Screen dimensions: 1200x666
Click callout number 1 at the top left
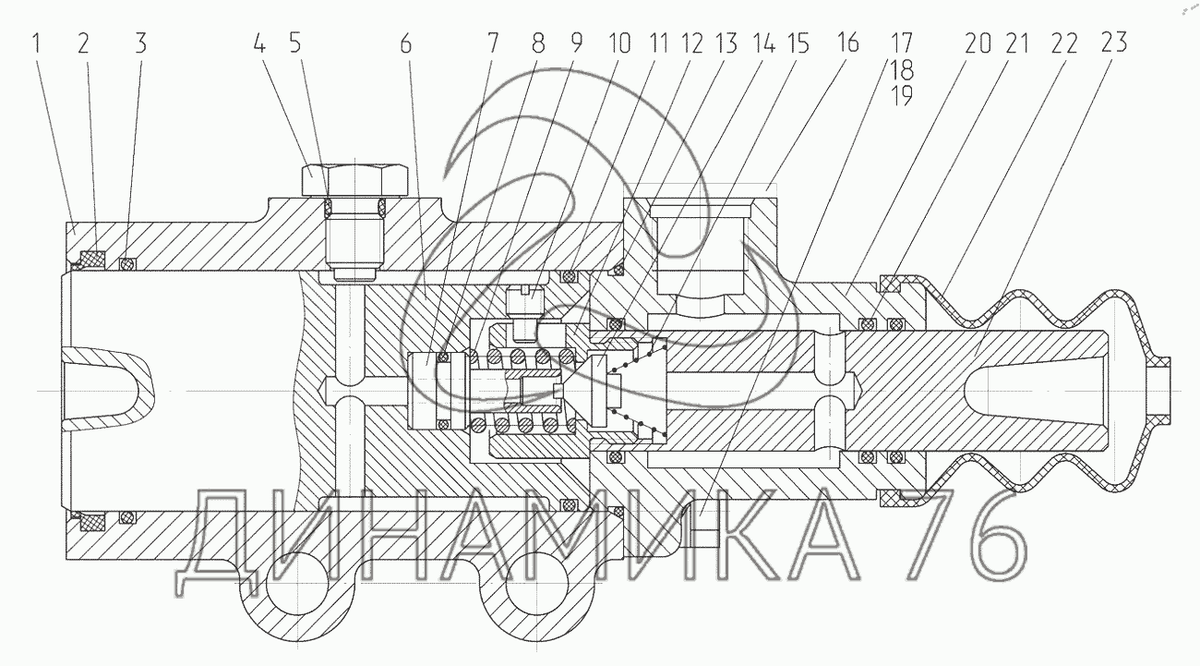pos(36,43)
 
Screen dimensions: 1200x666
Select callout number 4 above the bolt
pos(259,43)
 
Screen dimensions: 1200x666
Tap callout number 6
pos(405,43)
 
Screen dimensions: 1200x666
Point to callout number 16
pos(848,42)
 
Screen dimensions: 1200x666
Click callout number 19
pos(902,96)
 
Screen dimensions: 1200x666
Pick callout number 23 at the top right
pos(1114,42)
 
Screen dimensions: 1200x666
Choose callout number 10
pos(619,43)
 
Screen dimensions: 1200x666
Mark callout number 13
pos(726,43)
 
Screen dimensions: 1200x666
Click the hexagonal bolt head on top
pos(355,180)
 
